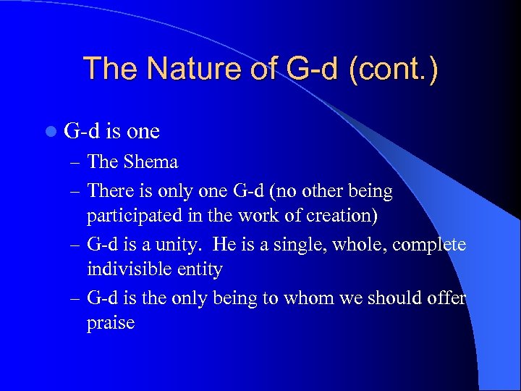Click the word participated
134,216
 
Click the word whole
364,244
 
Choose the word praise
111,322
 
